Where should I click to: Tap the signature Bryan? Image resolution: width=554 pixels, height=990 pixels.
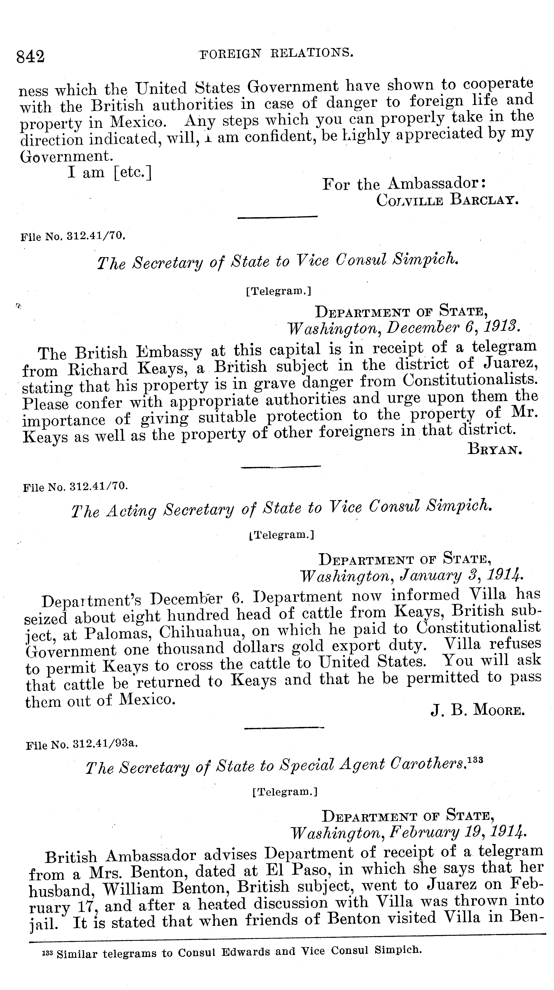(495, 449)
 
